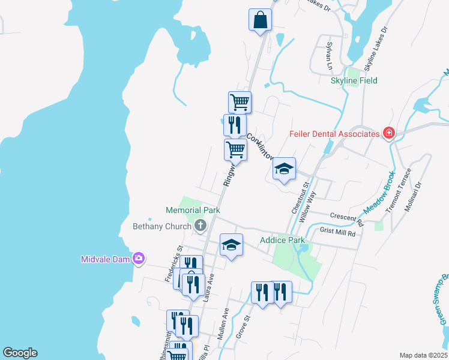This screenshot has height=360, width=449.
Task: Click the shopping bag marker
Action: tap(260, 20)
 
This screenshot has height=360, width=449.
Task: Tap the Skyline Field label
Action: tap(354, 80)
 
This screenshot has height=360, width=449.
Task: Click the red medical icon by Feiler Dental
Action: tap(389, 133)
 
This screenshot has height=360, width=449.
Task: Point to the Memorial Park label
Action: tap(193, 210)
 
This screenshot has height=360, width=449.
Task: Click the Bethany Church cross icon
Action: tap(200, 226)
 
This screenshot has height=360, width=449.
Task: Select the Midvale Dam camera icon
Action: tap(139, 259)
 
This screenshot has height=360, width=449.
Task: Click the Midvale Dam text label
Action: tap(106, 259)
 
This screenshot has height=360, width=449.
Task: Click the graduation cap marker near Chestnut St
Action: tap(284, 169)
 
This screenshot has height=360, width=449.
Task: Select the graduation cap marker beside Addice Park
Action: tap(231, 245)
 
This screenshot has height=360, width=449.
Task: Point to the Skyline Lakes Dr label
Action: tap(375, 49)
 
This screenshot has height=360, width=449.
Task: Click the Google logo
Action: tap(20, 353)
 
